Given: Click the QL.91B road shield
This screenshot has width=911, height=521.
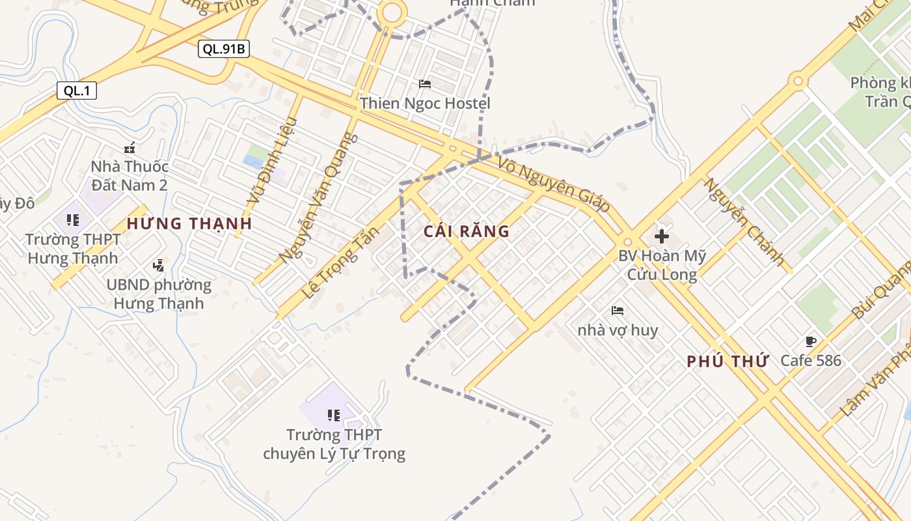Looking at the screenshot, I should pyautogui.click(x=224, y=49).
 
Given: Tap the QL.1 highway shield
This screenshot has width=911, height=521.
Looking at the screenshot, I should pyautogui.click(x=77, y=91).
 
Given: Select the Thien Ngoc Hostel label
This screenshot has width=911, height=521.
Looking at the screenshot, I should pyautogui.click(x=425, y=103).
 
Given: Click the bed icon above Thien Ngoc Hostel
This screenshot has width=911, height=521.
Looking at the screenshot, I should pyautogui.click(x=425, y=84).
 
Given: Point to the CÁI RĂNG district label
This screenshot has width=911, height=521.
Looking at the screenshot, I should pyautogui.click(x=466, y=231).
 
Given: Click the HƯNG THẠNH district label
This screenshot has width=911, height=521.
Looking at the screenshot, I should pyautogui.click(x=189, y=223).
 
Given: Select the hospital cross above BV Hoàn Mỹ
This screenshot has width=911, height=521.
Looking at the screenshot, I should pyautogui.click(x=662, y=236).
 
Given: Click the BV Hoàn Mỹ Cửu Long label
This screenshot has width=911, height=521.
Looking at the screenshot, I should pyautogui.click(x=662, y=265).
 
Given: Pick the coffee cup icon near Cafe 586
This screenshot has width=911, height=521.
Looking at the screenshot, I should pyautogui.click(x=810, y=341).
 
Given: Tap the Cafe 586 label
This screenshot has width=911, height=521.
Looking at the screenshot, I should pyautogui.click(x=811, y=360).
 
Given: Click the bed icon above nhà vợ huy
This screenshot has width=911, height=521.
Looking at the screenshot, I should pyautogui.click(x=618, y=311).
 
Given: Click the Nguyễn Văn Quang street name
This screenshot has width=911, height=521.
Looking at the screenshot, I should pyautogui.click(x=319, y=198).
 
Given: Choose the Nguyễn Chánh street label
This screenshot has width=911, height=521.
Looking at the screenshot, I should pyautogui.click(x=744, y=221).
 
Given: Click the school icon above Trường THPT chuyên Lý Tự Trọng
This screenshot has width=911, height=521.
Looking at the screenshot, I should pyautogui.click(x=334, y=415).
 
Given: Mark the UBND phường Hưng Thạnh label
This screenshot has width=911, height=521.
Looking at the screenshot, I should pyautogui.click(x=158, y=294).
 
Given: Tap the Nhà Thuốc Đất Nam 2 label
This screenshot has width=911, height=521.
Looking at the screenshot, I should pyautogui.click(x=129, y=176).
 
